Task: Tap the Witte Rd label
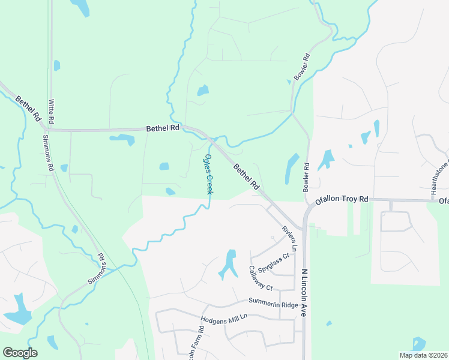[52, 112]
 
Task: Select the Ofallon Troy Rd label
[338, 200]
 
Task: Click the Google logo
[20, 353]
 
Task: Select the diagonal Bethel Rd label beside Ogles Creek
[247, 176]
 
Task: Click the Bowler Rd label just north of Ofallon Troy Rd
[307, 174]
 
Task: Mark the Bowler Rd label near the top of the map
[302, 68]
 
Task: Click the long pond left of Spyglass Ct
[228, 264]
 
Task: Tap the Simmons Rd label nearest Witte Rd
[47, 152]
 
